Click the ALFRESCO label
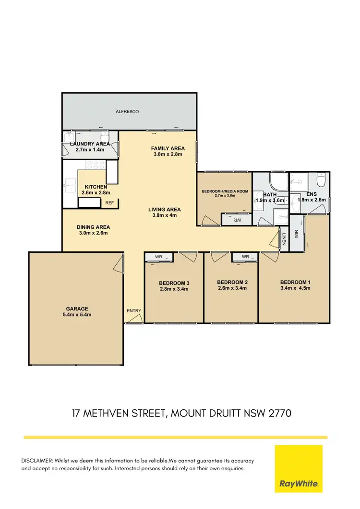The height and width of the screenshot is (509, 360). tap(127, 111)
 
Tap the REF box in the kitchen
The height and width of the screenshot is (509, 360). tap(109, 203)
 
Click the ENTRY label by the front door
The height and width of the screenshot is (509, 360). tap(134, 311)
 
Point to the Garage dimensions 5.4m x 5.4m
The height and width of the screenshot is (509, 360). tap(77, 315)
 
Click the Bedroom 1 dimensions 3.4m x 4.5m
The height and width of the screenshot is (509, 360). tap(295, 288)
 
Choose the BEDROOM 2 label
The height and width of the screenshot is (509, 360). tap(232, 282)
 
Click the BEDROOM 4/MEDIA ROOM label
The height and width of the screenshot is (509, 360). tap(225, 191)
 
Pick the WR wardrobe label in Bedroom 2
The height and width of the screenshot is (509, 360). tap(245, 257)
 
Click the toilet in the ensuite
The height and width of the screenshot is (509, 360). tap(322, 180)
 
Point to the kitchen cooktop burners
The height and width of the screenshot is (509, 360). tap(96, 166)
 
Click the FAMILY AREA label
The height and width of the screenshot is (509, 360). tap(168, 149)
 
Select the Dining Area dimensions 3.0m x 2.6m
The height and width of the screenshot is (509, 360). tap(93, 234)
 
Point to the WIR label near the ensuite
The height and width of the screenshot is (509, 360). tap(297, 234)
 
